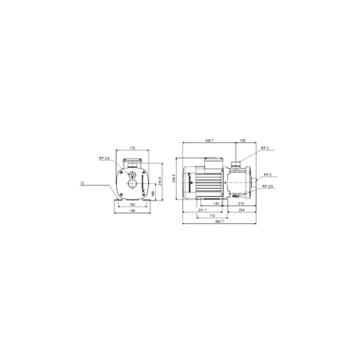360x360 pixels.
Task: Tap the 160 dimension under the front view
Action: click(x=132, y=205)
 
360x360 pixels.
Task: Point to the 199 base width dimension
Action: click(x=132, y=213)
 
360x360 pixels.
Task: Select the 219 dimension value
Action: click(x=241, y=205)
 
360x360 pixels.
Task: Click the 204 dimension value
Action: click(x=242, y=211)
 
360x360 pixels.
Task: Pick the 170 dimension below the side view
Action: click(x=212, y=217)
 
